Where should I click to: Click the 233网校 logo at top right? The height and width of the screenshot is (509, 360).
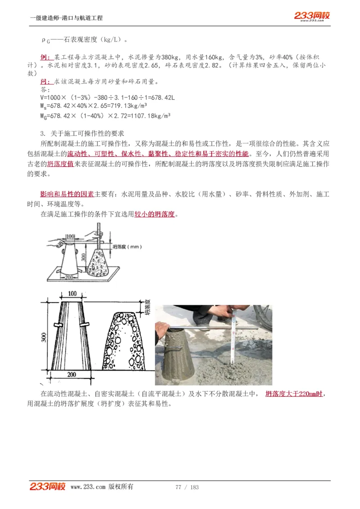point(312,16)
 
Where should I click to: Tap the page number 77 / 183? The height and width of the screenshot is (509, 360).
point(187,487)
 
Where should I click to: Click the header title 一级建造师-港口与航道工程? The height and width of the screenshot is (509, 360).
point(66,18)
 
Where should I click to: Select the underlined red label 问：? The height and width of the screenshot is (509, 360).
point(47,81)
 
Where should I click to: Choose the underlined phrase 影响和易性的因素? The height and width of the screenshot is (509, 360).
point(67,194)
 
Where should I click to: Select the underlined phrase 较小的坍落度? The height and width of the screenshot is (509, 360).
point(154,214)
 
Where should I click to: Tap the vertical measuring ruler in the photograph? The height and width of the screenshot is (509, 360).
point(234,335)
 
